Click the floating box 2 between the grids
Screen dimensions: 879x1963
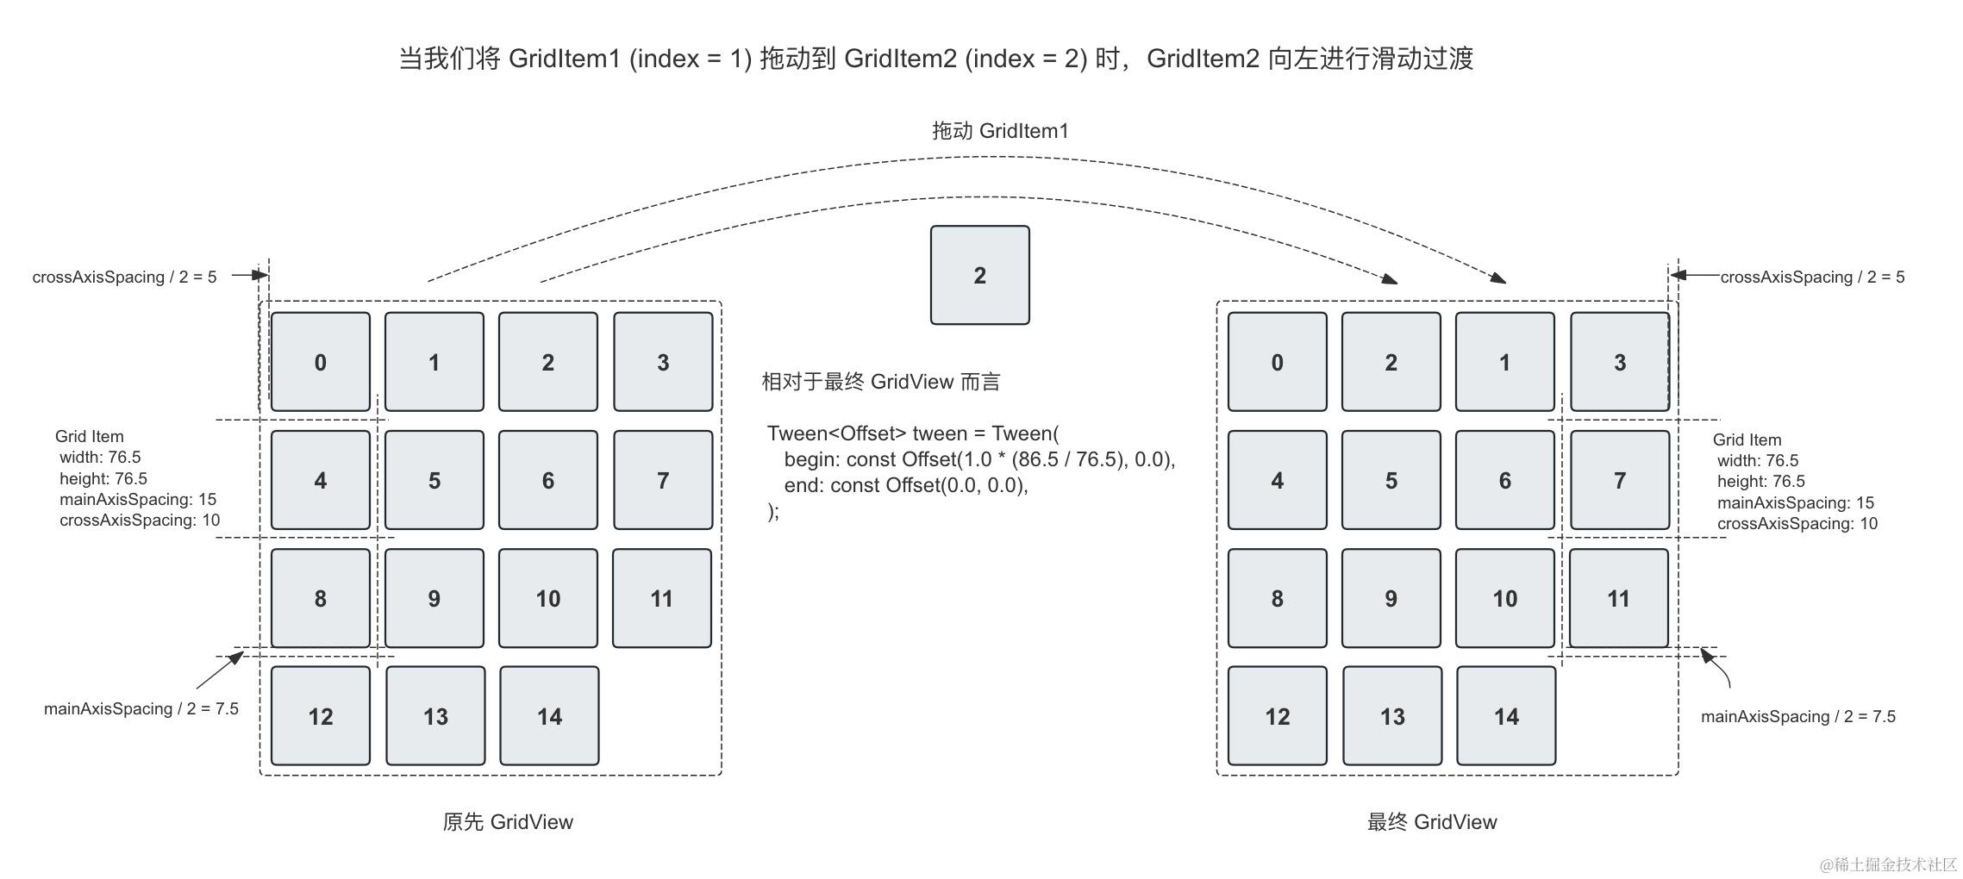pyautogui.click(x=979, y=275)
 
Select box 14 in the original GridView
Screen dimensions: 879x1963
pyautogui.click(x=549, y=715)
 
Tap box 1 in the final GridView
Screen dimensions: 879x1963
pyautogui.click(x=1504, y=362)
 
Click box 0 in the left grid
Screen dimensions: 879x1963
pyautogui.click(x=320, y=362)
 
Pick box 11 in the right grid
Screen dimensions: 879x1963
pyautogui.click(x=1618, y=598)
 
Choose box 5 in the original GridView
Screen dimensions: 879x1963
pyautogui.click(x=434, y=480)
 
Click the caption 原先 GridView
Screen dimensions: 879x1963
pyautogui.click(x=508, y=821)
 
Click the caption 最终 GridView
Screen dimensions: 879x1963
pyautogui.click(x=1432, y=821)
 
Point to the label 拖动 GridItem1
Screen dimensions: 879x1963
pyautogui.click(x=1000, y=131)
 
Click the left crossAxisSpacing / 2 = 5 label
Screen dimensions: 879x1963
pyautogui.click(x=124, y=277)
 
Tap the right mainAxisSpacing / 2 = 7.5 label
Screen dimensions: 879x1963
pyautogui.click(x=1797, y=716)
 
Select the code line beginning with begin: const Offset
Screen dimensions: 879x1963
pyautogui.click(x=979, y=459)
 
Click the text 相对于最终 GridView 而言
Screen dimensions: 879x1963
pyautogui.click(x=880, y=382)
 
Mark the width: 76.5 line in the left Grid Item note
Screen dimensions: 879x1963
pyautogui.click(x=100, y=457)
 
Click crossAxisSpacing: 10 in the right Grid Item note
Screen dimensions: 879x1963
pyautogui.click(x=1797, y=523)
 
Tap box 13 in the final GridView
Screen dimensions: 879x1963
pyautogui.click(x=1391, y=715)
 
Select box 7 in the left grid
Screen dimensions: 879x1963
pyautogui.click(x=662, y=480)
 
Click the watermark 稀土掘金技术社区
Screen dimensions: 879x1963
pyautogui.click(x=1888, y=863)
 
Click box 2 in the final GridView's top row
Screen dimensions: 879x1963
pyautogui.click(x=1391, y=362)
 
